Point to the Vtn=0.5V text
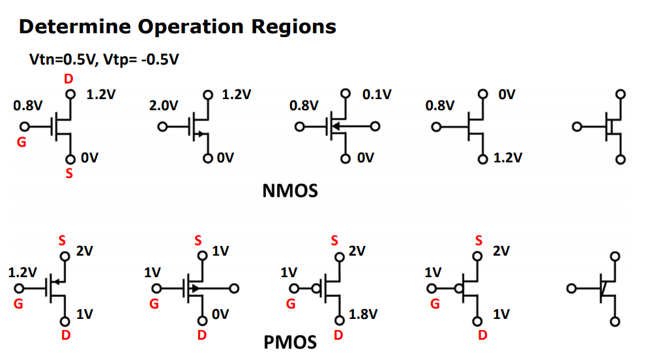[61, 60]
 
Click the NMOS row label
[289, 191]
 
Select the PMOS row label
[290, 342]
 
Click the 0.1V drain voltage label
[377, 95]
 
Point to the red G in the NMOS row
[22, 142]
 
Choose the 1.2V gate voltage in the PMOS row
[22, 272]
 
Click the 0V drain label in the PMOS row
[221, 315]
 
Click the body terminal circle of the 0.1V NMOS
[375, 127]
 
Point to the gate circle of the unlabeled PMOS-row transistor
[572, 288]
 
